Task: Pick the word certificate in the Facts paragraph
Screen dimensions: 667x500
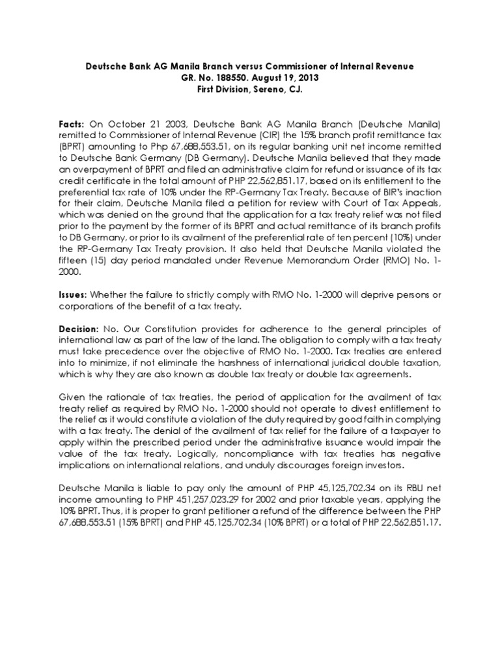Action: [x=108, y=182]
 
